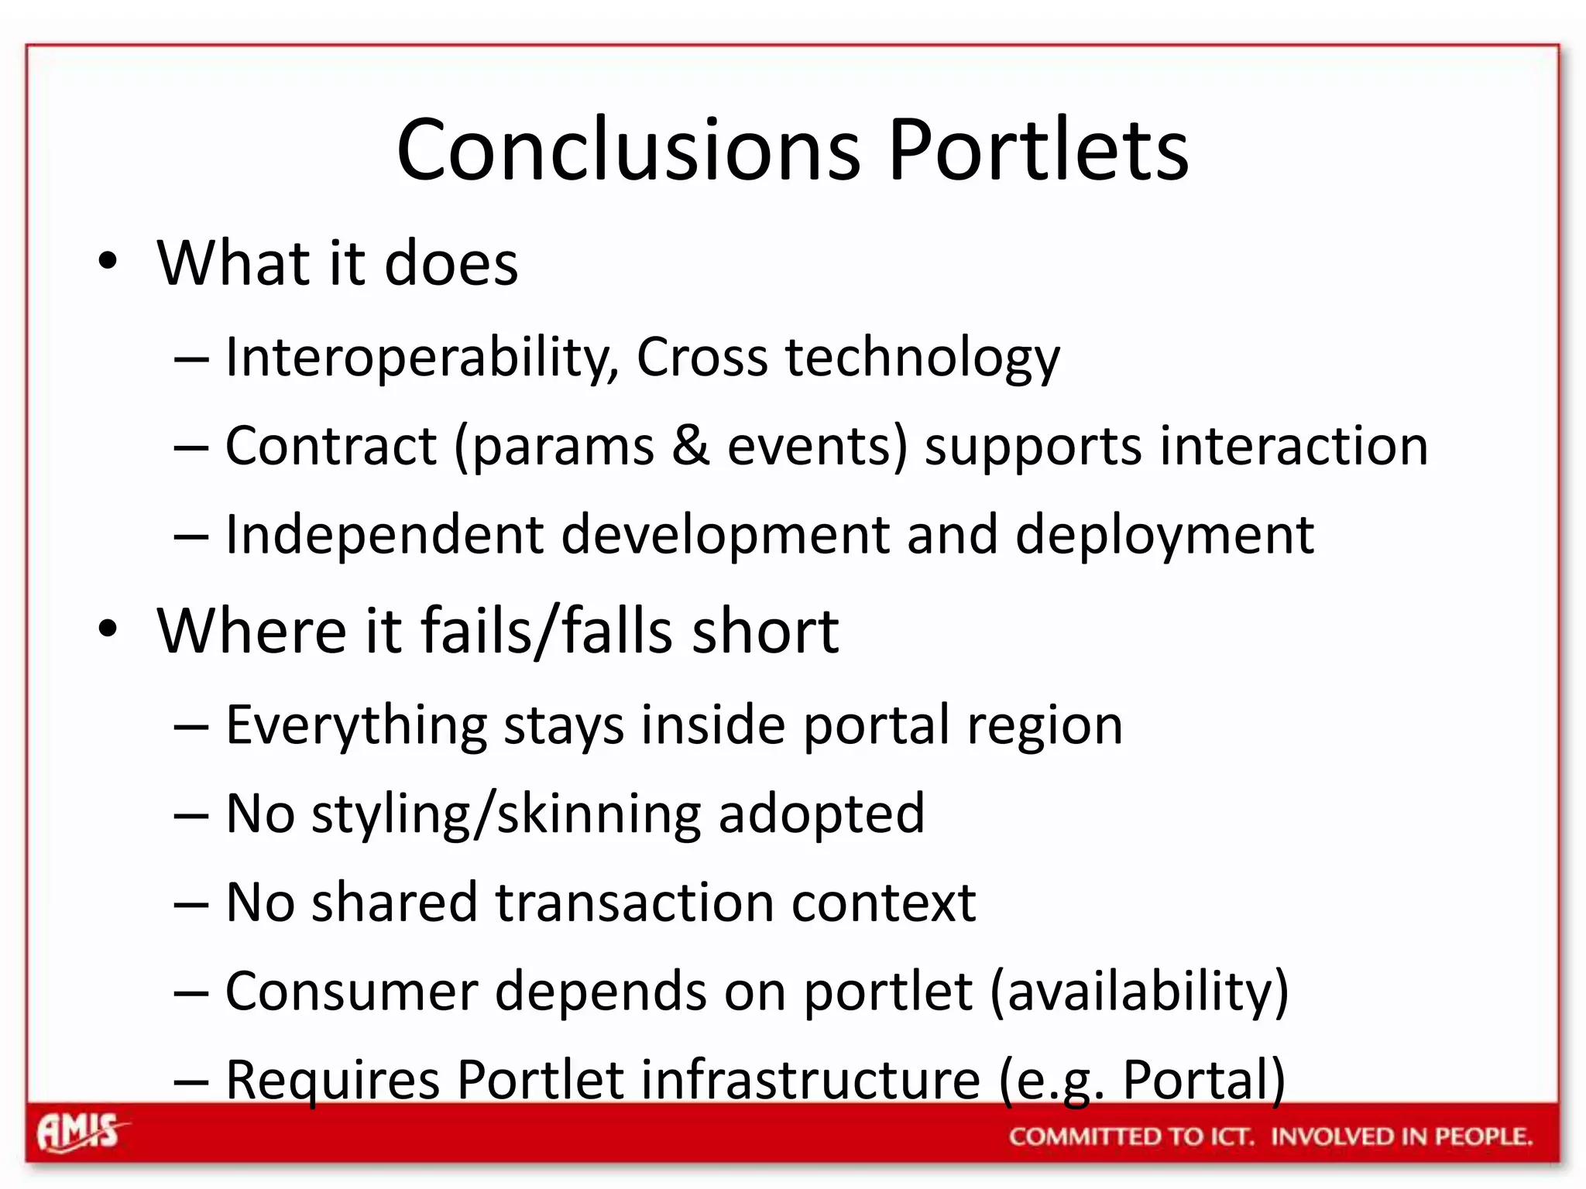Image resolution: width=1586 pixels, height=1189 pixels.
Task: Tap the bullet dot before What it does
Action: tap(108, 260)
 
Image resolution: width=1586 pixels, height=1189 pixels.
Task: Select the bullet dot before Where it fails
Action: tap(108, 628)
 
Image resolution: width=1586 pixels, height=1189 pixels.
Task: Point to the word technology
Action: tap(922, 358)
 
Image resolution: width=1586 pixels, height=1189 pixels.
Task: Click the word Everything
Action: tap(356, 725)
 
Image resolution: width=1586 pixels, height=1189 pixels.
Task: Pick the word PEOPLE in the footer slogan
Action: tap(1482, 1136)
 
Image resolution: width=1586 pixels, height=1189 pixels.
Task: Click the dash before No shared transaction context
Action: tap(191, 903)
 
